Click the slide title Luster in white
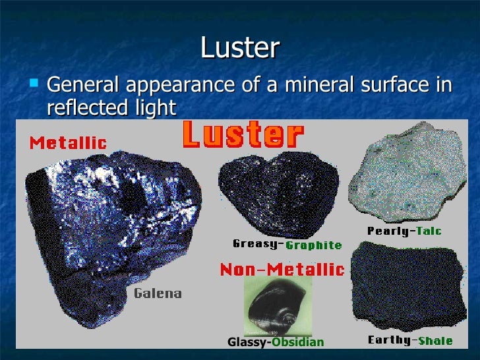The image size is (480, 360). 239,48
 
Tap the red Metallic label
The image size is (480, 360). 68,142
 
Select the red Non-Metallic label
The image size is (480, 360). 282,269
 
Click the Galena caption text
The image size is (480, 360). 158,293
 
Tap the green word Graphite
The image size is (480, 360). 314,245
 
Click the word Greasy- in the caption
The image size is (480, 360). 258,244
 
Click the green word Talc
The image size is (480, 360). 429,231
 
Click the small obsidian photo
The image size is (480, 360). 278,305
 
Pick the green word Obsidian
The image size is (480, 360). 298,342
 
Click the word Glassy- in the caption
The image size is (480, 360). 249,342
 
